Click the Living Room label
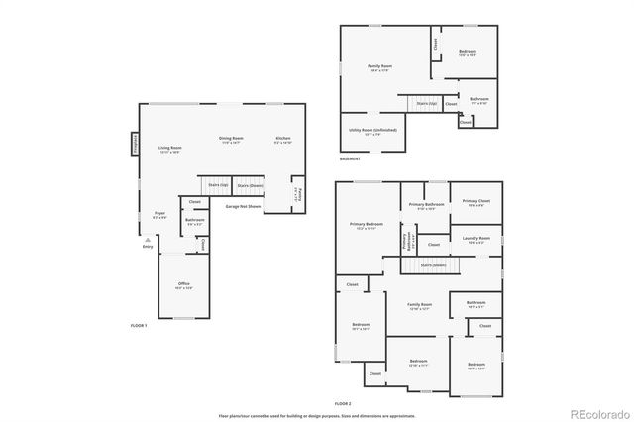tap(170, 148)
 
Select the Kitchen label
tap(282, 138)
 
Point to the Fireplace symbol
tap(134, 145)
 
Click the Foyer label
tap(158, 213)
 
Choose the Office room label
tap(183, 284)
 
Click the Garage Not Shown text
tap(243, 206)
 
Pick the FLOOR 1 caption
tap(139, 325)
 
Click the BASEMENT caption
tap(350, 158)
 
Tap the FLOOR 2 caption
tap(343, 404)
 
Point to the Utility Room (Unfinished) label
tap(372, 130)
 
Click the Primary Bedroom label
tap(367, 225)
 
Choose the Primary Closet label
tap(476, 201)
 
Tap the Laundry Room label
tap(476, 238)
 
